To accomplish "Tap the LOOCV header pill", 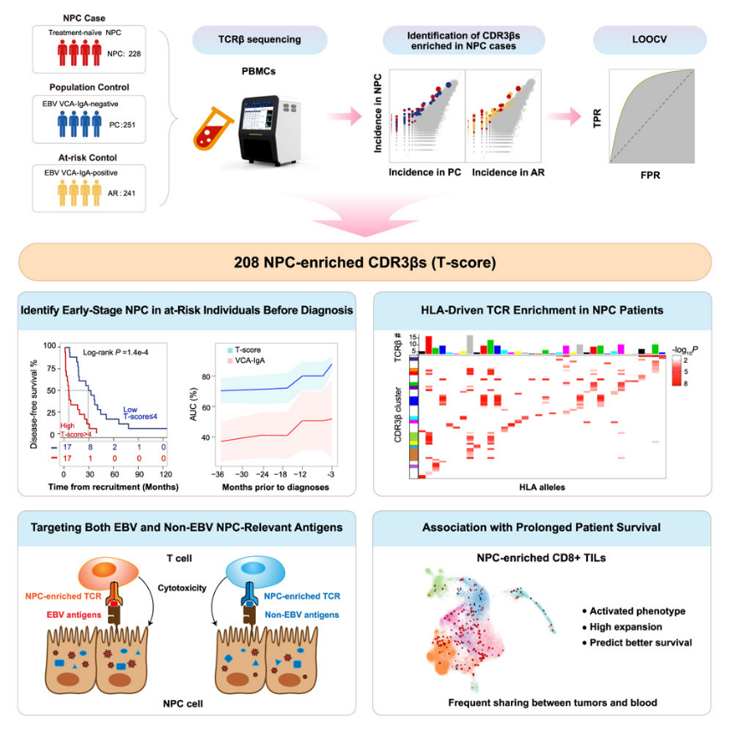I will (x=650, y=39).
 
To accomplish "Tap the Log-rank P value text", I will (x=116, y=351).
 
